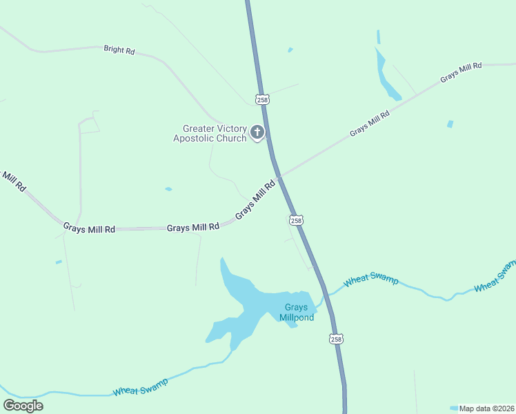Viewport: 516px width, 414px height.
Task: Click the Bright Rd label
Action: pos(119,50)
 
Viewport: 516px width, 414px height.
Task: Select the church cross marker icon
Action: pos(257,132)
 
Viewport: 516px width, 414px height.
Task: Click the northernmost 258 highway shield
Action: pos(262,100)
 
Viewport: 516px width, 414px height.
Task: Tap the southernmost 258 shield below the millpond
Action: pos(335,339)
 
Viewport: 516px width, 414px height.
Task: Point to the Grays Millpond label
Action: pos(297,313)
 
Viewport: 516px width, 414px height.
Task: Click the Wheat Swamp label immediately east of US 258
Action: pos(371,279)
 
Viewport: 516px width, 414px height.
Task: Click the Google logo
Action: pos(23,406)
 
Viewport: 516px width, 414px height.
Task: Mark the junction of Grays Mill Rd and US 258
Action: pos(279,175)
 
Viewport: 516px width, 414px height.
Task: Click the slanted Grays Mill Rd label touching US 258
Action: pos(255,201)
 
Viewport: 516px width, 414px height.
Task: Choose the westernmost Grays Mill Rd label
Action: pos(89,228)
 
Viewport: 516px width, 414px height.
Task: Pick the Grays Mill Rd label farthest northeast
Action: pos(460,72)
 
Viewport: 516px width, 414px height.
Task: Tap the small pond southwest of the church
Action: pos(168,188)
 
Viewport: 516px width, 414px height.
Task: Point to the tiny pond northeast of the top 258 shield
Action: pos(290,50)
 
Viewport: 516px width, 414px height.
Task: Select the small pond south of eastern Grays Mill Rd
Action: pos(450,124)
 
